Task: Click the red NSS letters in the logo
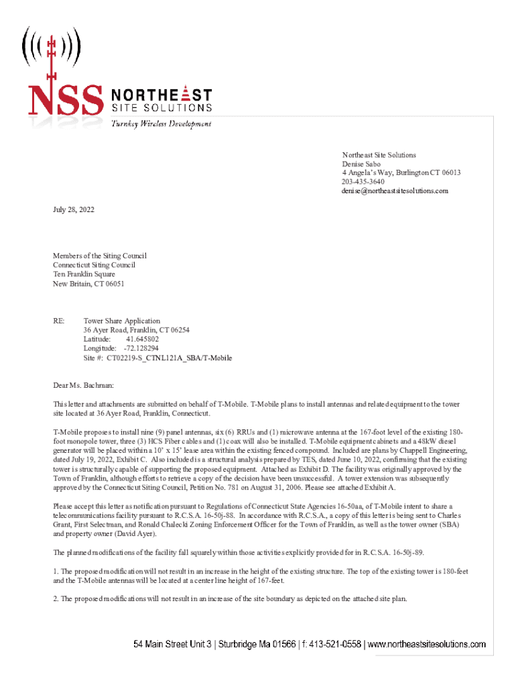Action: [x=65, y=99]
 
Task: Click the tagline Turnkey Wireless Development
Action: [x=162, y=124]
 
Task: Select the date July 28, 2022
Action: [x=74, y=210]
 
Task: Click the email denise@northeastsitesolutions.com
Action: [x=395, y=191]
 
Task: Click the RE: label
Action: [x=60, y=321]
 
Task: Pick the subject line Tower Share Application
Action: [x=122, y=321]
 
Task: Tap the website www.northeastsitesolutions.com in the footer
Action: [x=427, y=645]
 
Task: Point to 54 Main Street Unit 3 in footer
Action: [x=172, y=645]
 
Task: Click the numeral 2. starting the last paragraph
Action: [x=56, y=598]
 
